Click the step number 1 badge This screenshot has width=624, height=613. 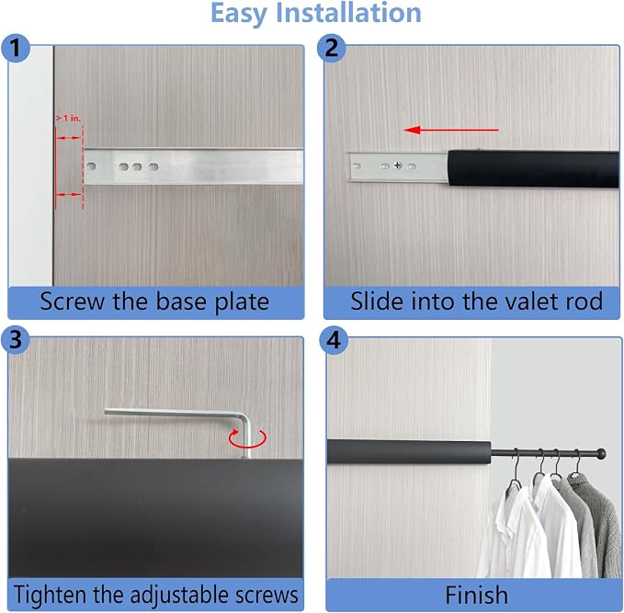[x=16, y=48]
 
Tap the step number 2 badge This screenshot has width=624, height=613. [x=331, y=48]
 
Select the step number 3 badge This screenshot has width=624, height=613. [x=16, y=340]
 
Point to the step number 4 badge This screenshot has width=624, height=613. [x=334, y=340]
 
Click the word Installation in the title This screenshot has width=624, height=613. [x=348, y=13]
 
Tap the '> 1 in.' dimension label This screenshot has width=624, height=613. [x=68, y=119]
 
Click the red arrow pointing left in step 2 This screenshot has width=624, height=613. [x=450, y=130]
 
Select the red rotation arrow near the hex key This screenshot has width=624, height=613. [x=247, y=438]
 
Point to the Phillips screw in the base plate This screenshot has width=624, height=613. [x=398, y=165]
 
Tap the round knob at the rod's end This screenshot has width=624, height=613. [x=601, y=454]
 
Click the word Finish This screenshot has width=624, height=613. [x=476, y=596]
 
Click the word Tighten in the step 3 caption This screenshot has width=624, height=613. [x=51, y=596]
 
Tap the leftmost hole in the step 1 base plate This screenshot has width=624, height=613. [x=91, y=166]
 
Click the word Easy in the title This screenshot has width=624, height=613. [x=239, y=14]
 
